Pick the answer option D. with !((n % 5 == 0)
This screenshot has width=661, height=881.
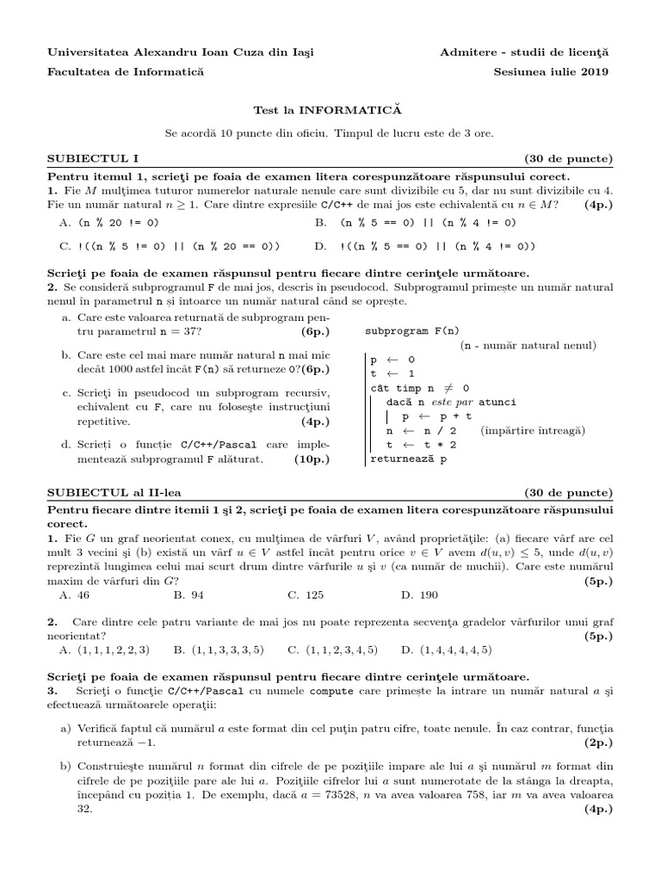pyautogui.click(x=425, y=246)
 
